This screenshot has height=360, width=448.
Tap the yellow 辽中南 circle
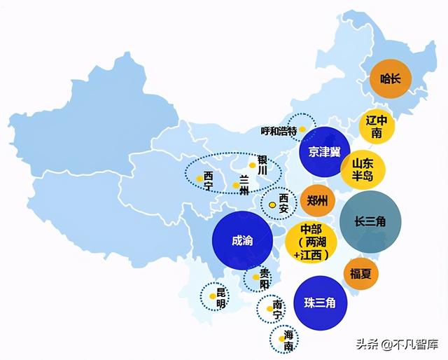(x=377, y=126)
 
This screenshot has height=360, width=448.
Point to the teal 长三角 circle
(x=370, y=221)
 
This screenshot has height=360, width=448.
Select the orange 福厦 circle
(x=361, y=273)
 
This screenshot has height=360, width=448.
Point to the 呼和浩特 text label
(x=279, y=131)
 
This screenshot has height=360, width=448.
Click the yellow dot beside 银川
(x=252, y=165)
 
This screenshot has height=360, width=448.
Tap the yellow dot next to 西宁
(x=199, y=178)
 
